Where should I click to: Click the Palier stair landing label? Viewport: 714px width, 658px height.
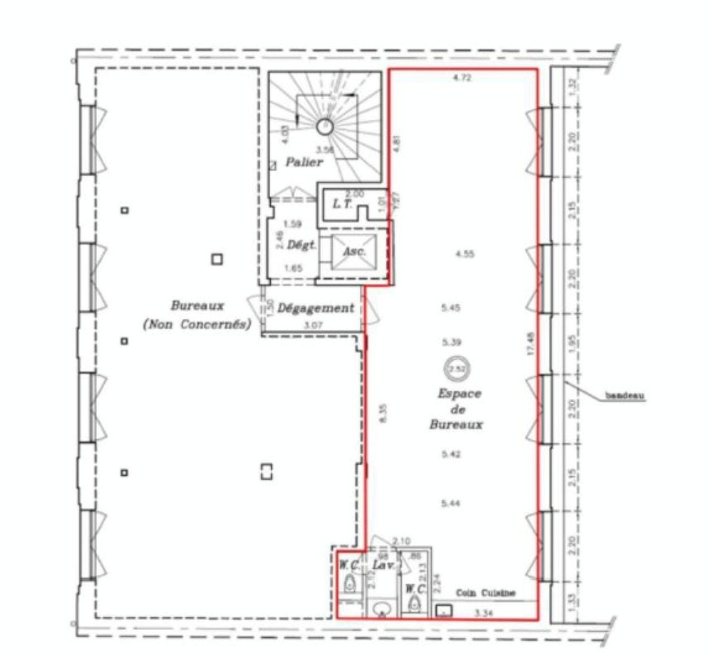(304, 162)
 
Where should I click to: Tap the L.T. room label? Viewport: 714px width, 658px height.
(342, 204)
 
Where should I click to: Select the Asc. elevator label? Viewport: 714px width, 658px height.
(354, 251)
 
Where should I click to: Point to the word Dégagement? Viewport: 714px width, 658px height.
(316, 308)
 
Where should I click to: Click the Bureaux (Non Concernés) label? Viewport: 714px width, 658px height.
(197, 315)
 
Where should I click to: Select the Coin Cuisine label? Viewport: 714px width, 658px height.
(485, 593)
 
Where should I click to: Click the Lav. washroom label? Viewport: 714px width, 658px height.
(383, 565)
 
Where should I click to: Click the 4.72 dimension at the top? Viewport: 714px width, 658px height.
(462, 78)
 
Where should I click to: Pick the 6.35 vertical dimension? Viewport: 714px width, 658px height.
(382, 413)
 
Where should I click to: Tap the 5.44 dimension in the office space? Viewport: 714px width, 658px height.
(451, 504)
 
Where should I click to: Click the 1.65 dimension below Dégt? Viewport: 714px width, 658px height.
(293, 268)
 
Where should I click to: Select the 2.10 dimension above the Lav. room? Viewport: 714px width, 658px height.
(401, 541)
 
